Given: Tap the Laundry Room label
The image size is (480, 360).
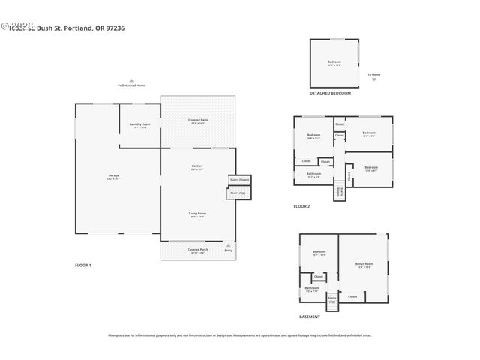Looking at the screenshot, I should point(140,125).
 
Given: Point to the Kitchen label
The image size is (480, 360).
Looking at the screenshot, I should point(197,166).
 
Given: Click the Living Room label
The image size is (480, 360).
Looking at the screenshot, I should point(197,215).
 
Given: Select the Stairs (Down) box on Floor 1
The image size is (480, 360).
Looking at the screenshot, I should point(239,180).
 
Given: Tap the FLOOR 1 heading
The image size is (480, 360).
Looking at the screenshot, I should point(82,265).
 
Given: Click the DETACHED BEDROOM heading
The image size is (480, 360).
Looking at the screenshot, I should point(330,93).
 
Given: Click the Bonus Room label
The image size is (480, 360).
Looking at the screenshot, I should point(364,264).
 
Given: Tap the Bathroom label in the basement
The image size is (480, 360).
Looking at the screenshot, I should point(312,289).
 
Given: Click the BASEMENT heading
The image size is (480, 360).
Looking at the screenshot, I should point(310,316).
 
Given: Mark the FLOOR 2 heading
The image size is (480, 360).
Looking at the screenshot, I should point(301,205).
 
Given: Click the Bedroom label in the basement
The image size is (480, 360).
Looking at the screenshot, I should point(319,252).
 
